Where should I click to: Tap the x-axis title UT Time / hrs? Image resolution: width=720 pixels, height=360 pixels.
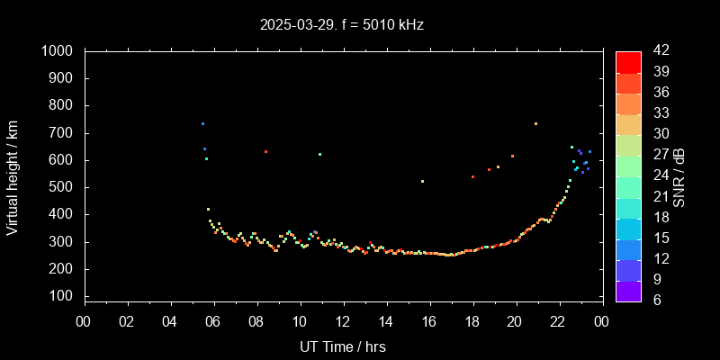click(343, 346)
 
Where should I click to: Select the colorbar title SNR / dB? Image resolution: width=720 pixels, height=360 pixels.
click(679, 175)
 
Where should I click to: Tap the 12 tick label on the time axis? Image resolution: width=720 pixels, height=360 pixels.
click(343, 321)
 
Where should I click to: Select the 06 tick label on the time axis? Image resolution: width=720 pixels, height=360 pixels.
click(213, 321)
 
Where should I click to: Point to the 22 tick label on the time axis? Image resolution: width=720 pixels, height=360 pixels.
click(558, 321)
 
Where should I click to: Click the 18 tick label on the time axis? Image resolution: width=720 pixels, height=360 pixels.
click(472, 321)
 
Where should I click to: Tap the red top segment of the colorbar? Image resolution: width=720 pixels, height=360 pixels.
click(628, 61)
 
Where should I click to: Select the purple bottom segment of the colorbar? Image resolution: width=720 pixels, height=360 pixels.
click(628, 290)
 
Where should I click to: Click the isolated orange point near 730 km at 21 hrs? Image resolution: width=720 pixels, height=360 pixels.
click(535, 124)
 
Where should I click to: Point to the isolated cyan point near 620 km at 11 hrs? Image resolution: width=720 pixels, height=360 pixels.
click(319, 154)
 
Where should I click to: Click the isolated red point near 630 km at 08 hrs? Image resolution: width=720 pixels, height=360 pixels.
click(265, 151)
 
